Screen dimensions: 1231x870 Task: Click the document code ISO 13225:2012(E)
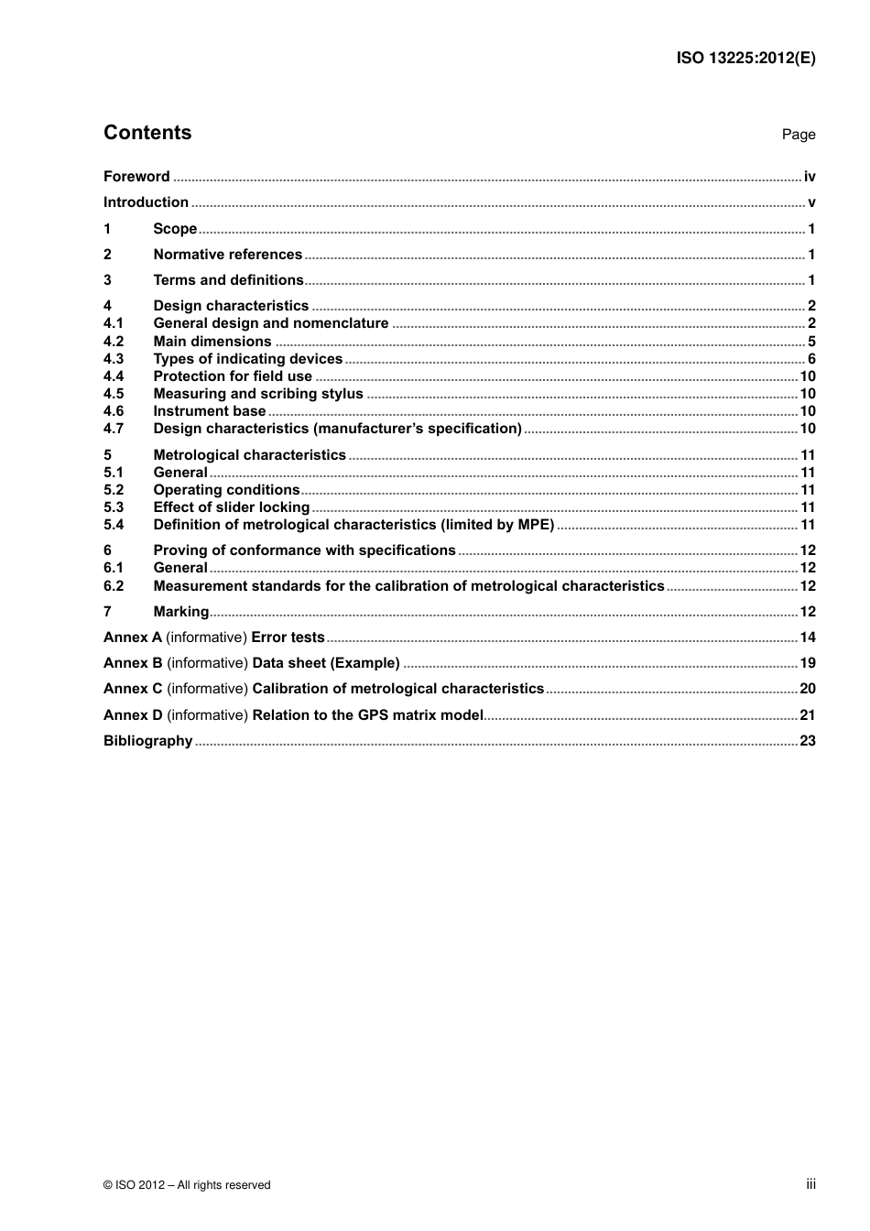coord(745,58)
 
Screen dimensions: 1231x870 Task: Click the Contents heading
coord(147,133)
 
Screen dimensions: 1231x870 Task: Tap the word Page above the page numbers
coord(798,135)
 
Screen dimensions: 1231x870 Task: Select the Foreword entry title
coord(136,177)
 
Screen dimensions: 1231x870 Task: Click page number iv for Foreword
coord(810,177)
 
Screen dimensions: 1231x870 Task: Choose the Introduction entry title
coord(146,202)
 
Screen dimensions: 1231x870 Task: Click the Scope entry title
coord(175,229)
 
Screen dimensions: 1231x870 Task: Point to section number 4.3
coord(114,359)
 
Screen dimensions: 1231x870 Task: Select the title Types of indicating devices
coord(247,359)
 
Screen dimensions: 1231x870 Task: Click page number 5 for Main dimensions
coord(811,342)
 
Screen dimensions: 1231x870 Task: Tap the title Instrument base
coord(209,411)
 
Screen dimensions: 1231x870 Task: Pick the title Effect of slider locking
coord(231,507)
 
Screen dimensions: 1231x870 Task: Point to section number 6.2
coord(114,586)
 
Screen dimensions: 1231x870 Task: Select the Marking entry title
coord(180,612)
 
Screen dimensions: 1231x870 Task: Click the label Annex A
coord(132,637)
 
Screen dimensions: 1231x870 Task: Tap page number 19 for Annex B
coord(808,663)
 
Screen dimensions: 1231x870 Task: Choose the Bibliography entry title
coord(147,741)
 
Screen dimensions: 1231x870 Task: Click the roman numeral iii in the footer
coord(810,1184)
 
